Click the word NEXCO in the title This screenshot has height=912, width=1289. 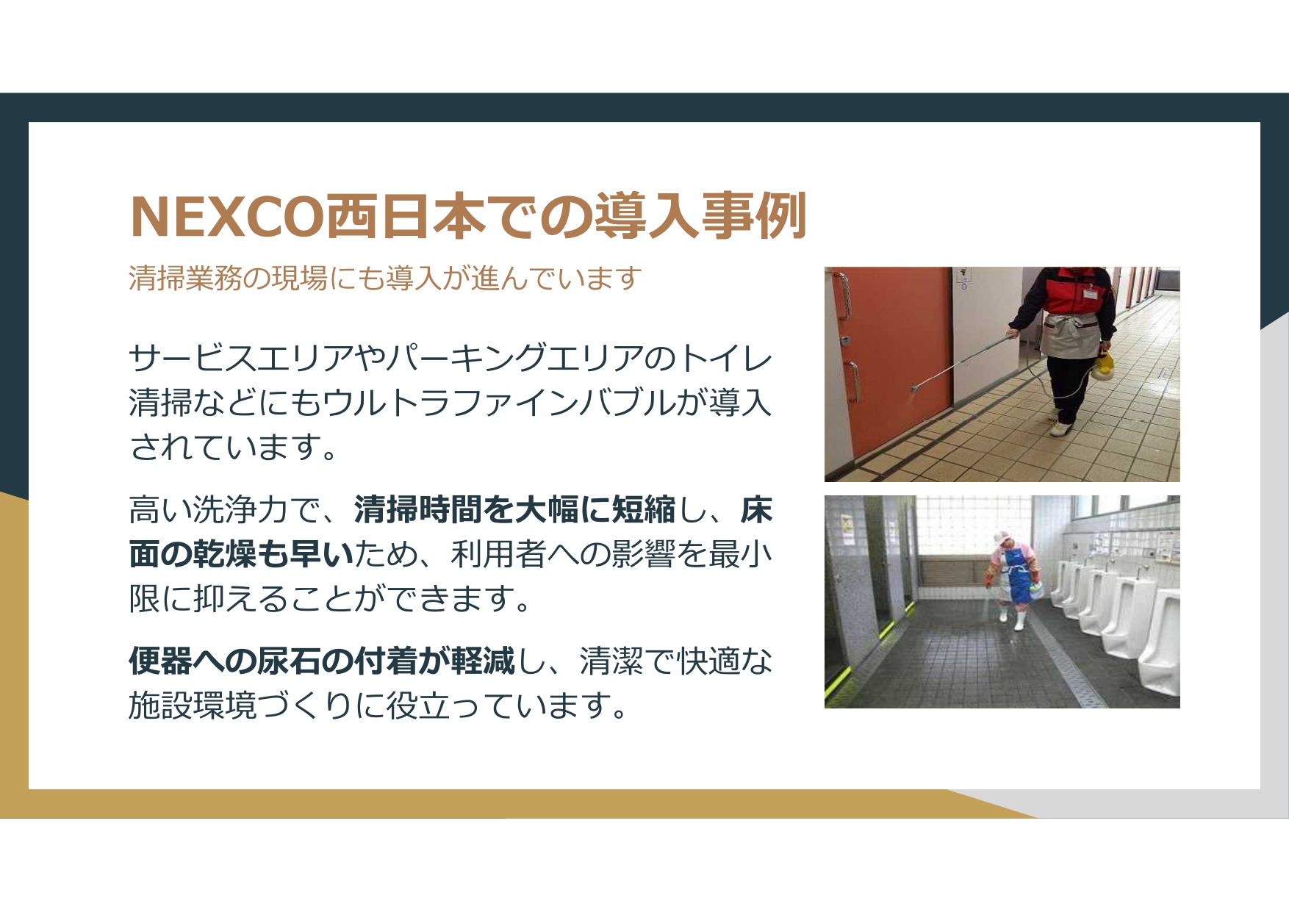coord(226,217)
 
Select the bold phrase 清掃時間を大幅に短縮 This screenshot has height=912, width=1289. coord(514,510)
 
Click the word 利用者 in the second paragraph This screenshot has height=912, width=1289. coord(499,554)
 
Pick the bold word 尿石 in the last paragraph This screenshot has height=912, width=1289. coord(290,661)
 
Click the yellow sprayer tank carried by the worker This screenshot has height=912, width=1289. coord(1102,365)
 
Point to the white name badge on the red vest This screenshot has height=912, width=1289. coord(1090,293)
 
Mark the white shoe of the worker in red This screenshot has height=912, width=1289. coord(1059,428)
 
